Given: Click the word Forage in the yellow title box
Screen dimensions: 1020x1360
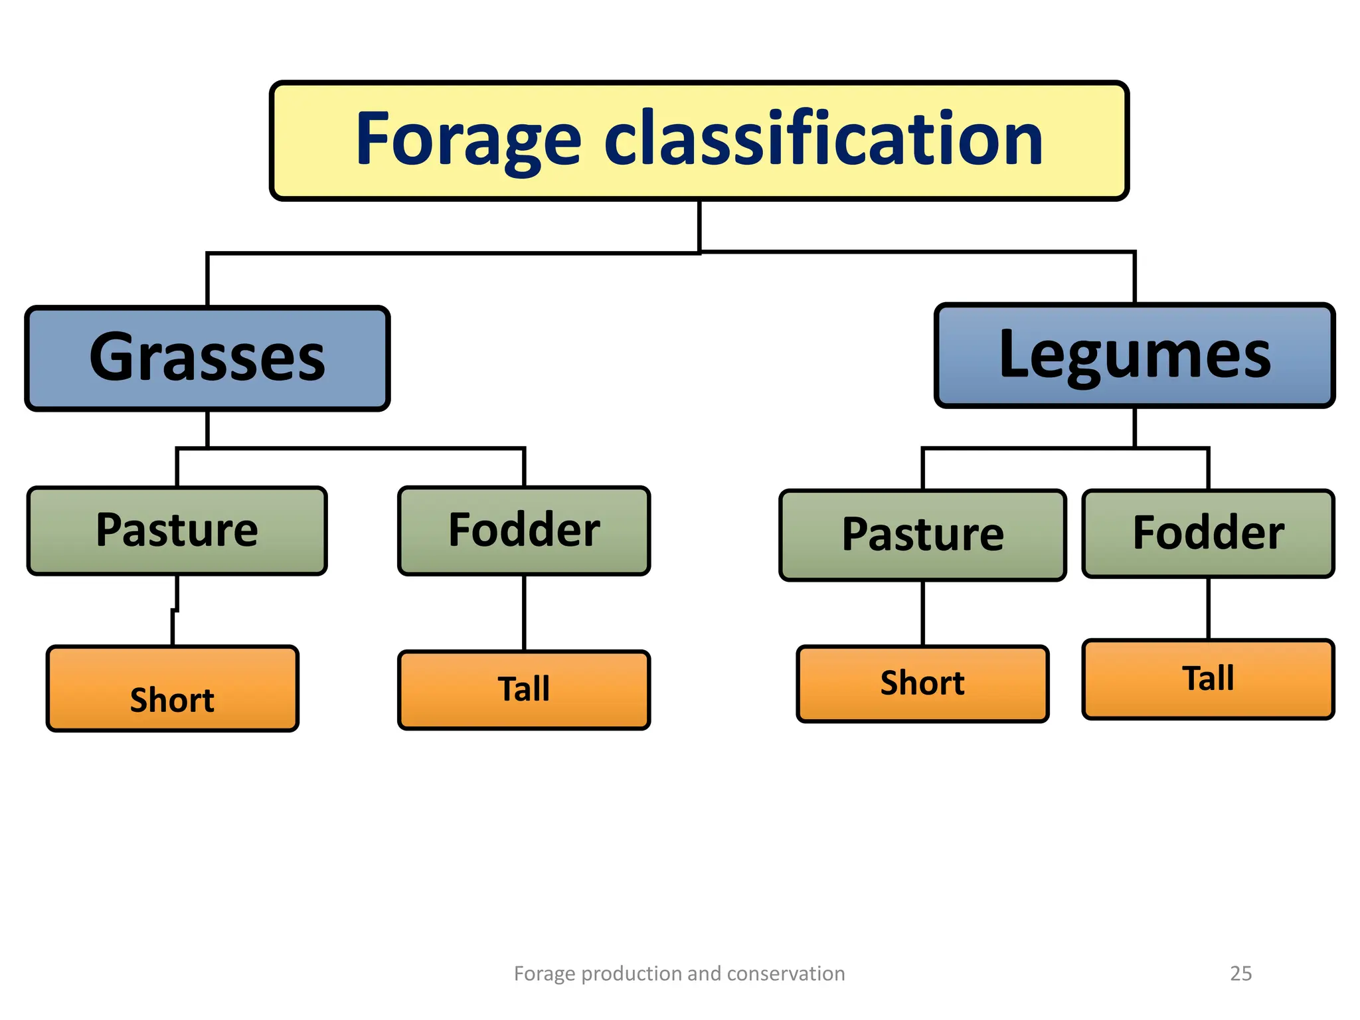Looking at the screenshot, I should (x=468, y=140).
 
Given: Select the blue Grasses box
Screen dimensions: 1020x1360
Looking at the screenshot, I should (x=207, y=358).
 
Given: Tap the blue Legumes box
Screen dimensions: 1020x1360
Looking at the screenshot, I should (x=1134, y=355).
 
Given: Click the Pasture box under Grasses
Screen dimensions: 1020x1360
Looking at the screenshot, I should (x=177, y=531).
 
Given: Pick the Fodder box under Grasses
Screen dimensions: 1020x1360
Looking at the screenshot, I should (x=524, y=531).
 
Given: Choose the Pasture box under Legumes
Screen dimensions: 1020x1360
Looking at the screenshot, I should (x=923, y=535).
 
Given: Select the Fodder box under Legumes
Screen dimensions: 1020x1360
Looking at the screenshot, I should (x=1208, y=533).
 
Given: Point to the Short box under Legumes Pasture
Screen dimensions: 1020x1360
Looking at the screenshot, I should (x=923, y=683).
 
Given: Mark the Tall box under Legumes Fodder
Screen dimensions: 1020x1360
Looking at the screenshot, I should (x=1208, y=679).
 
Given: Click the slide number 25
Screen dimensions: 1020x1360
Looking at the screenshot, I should (x=1240, y=974).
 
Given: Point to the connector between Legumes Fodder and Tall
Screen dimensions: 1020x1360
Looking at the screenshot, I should (x=1208, y=608).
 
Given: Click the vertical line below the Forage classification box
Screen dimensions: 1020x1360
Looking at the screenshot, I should (x=699, y=226).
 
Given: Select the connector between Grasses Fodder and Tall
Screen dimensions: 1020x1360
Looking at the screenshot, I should (x=524, y=612).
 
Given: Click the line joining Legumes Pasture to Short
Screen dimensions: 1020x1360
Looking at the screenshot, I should (x=923, y=613).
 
